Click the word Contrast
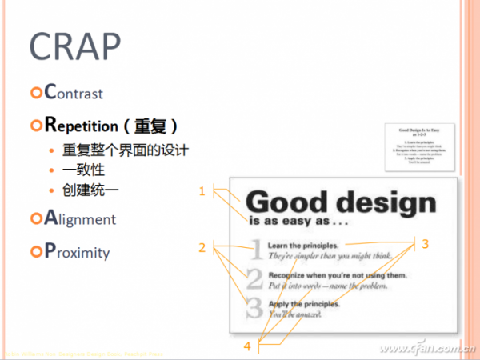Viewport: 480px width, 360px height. click(x=74, y=93)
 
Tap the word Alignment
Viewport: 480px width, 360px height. click(x=80, y=218)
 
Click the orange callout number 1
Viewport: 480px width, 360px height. click(x=202, y=191)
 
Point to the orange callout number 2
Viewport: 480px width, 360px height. click(x=202, y=247)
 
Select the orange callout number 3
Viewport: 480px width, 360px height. click(x=426, y=243)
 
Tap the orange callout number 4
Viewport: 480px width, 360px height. click(x=247, y=346)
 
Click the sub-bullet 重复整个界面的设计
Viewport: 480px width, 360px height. click(x=126, y=150)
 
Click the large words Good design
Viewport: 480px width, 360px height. click(x=341, y=203)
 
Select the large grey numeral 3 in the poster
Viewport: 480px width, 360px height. click(x=254, y=308)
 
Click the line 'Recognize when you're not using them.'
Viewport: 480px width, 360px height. click(x=326, y=275)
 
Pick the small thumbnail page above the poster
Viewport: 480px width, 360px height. click(x=421, y=146)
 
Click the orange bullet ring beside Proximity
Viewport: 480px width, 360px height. click(x=34, y=253)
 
